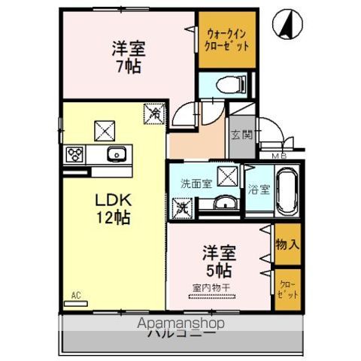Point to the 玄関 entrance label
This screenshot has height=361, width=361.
coord(241,135)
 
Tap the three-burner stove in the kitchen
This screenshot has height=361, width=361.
coord(75,156)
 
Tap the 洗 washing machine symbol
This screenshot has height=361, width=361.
coord(181,207)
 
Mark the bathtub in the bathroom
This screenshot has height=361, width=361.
coord(287,191)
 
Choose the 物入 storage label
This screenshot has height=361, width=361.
coord(287,244)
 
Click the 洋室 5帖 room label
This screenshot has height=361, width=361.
coord(216,261)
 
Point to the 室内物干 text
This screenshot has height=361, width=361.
coord(214,288)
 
